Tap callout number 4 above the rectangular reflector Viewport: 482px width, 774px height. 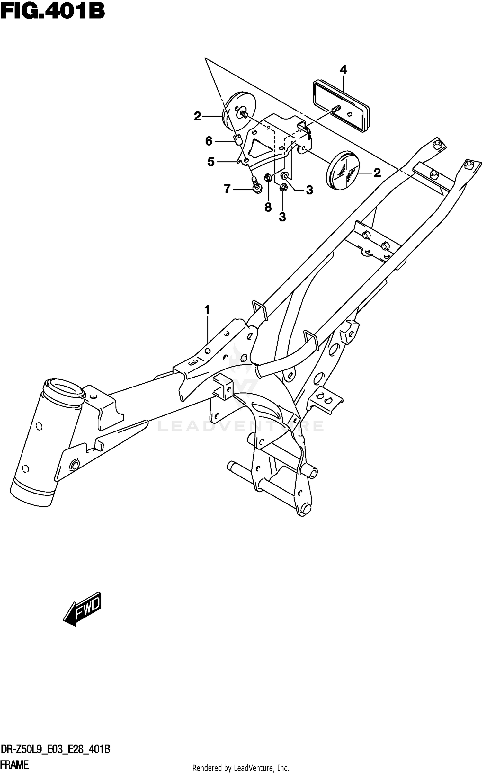point(343,70)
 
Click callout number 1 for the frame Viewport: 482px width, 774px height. point(207,310)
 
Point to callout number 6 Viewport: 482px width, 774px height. point(209,141)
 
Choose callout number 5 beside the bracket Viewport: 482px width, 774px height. point(211,162)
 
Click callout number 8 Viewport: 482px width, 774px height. point(268,207)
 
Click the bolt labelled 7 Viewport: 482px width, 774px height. point(256,186)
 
